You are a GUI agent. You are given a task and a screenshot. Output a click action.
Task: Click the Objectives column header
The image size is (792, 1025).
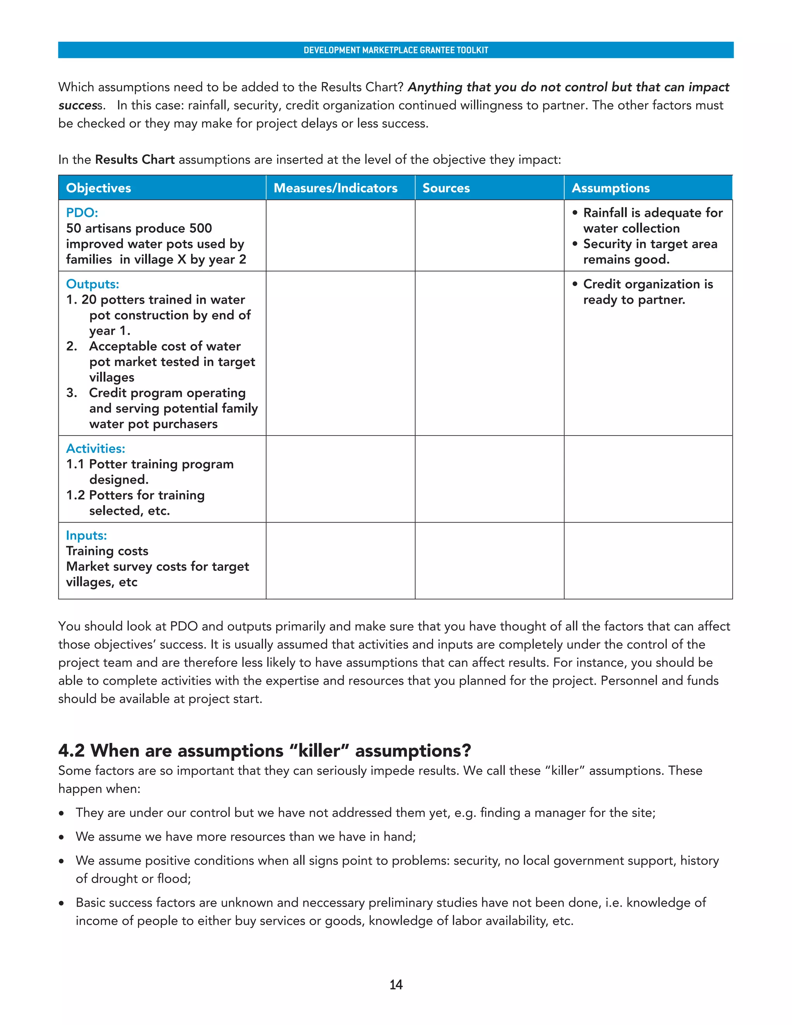(99, 188)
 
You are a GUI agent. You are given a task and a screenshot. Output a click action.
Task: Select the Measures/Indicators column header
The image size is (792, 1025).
(335, 188)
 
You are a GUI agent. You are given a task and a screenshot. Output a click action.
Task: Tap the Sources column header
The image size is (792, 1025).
(446, 188)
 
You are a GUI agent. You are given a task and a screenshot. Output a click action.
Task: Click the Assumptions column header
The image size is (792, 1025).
(610, 188)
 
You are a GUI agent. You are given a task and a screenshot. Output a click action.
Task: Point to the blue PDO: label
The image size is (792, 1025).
(82, 213)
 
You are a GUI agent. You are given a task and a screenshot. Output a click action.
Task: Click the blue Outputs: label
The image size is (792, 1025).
(92, 284)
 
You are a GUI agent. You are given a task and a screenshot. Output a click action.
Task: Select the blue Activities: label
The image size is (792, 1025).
(96, 449)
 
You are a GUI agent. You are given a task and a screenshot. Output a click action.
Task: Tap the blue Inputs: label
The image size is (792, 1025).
(86, 535)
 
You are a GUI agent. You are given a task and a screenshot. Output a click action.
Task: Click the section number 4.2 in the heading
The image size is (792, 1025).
(71, 751)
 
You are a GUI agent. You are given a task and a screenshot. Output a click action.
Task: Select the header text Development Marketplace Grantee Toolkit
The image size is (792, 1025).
(396, 50)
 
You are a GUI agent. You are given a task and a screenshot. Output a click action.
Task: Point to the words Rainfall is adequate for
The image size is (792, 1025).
(653, 213)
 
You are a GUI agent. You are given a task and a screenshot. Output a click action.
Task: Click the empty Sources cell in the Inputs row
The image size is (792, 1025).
(489, 561)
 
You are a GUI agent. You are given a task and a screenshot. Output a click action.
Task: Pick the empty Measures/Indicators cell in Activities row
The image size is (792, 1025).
(340, 479)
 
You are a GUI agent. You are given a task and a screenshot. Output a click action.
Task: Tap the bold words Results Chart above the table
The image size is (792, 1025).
(135, 160)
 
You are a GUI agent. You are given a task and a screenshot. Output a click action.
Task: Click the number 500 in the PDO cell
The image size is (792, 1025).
(200, 229)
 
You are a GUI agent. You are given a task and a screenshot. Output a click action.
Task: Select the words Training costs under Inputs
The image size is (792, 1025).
(107, 551)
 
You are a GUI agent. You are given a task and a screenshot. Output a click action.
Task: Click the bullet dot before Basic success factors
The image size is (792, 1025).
(61, 904)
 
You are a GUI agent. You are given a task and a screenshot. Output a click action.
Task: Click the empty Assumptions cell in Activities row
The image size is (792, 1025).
(648, 479)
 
